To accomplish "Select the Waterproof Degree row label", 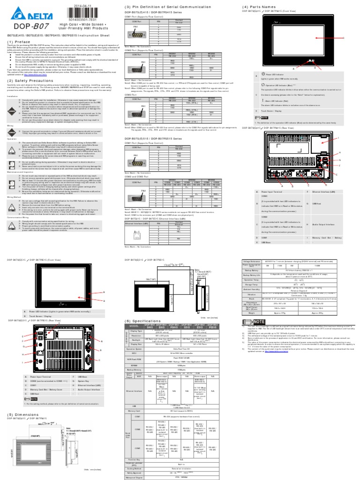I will (135, 477).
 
